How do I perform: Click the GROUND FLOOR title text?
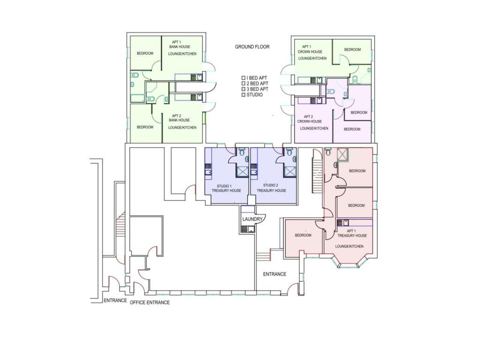(252, 47)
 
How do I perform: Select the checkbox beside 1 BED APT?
(243, 78)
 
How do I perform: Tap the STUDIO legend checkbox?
(243, 95)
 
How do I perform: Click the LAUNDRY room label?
(252, 219)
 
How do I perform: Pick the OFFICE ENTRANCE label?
(150, 302)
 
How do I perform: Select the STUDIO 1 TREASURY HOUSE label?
(226, 188)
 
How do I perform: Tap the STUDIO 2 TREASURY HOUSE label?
(271, 188)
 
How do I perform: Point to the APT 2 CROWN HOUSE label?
(310, 119)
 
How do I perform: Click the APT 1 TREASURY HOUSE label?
(357, 233)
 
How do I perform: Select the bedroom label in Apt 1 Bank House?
(145, 53)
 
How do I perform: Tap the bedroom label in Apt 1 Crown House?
(352, 50)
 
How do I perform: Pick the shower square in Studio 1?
(242, 172)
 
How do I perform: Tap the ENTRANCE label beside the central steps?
(274, 274)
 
